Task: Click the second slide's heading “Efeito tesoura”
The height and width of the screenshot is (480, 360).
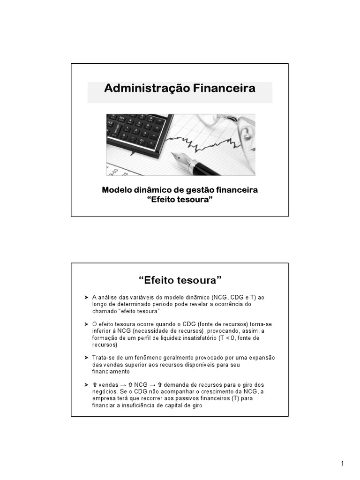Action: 180,280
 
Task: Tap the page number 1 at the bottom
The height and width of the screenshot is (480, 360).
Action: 343,464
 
